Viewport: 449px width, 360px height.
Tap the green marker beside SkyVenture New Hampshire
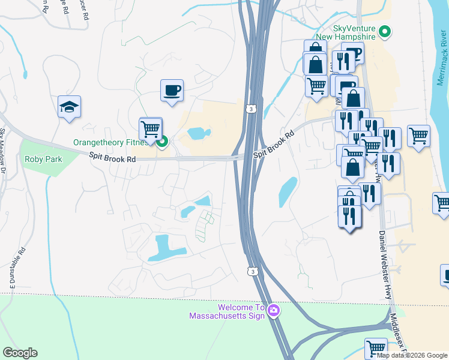coord(385,32)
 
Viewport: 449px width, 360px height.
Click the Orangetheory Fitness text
coord(111,143)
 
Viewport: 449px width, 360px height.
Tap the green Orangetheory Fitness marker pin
coord(161,142)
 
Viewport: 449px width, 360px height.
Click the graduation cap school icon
coord(69,107)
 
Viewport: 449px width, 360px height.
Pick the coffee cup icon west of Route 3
coord(172,91)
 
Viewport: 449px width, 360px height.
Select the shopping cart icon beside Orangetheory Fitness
coord(151,128)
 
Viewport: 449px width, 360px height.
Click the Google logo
coord(20,353)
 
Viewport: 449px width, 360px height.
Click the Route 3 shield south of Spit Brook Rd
coord(251,272)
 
